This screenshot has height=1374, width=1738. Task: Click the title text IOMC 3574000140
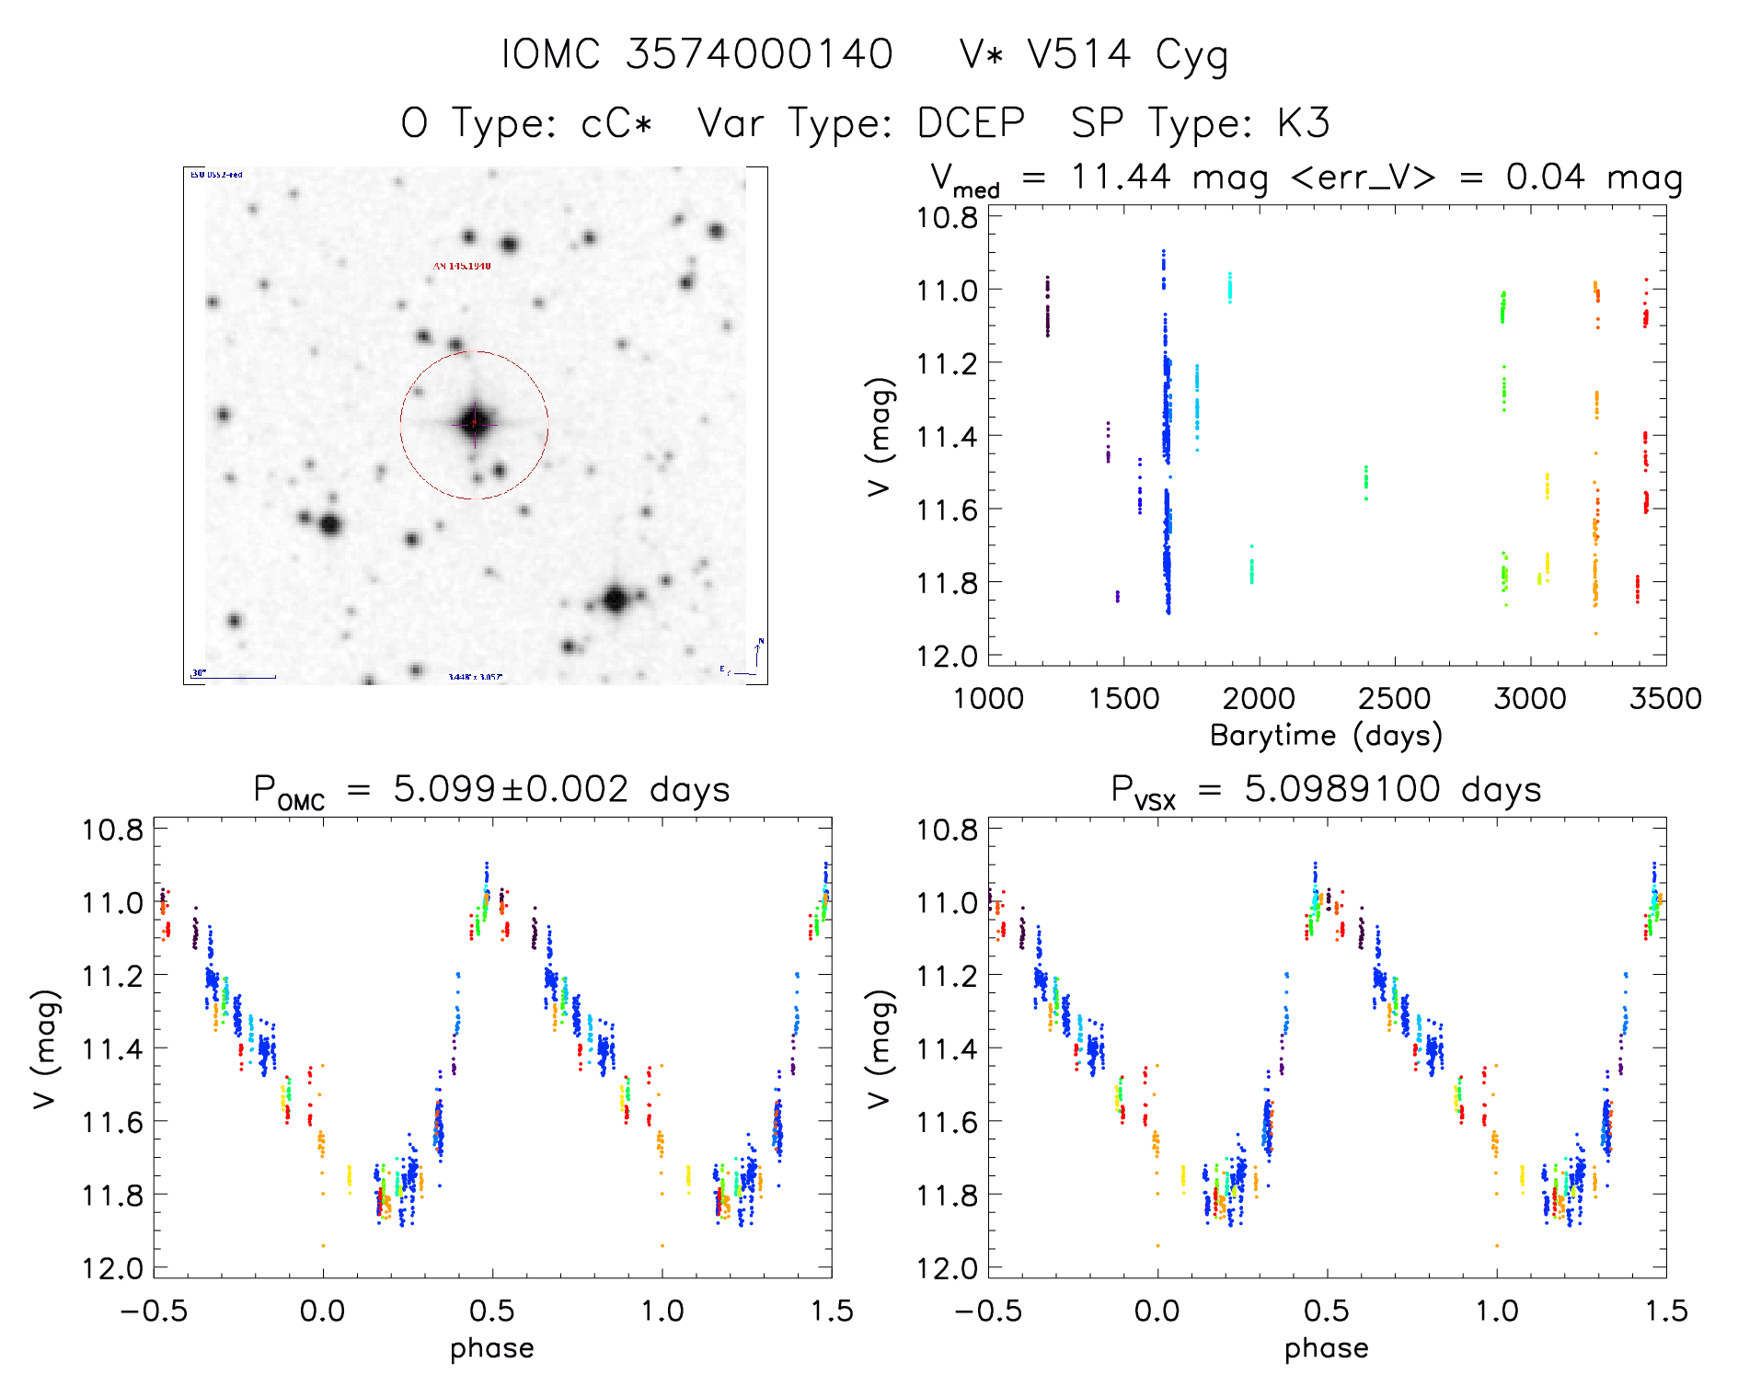(x=696, y=54)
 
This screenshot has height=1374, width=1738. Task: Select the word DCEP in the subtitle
(x=971, y=123)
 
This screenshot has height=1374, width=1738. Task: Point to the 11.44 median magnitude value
(x=1121, y=177)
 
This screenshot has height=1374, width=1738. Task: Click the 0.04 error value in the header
(x=1546, y=177)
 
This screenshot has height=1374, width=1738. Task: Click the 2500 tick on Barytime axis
(x=1394, y=699)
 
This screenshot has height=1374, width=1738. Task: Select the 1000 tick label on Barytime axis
(x=988, y=699)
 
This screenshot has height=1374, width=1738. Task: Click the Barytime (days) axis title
(x=1326, y=736)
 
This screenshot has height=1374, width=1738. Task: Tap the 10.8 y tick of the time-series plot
(x=947, y=218)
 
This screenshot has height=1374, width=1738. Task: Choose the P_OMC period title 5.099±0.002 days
(x=491, y=790)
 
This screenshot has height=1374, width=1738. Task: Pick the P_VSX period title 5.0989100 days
(x=1326, y=790)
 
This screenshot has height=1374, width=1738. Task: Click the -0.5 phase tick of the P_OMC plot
(x=154, y=1311)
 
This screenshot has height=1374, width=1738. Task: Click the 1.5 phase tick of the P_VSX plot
(x=1665, y=1311)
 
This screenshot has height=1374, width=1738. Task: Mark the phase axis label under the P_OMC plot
(x=491, y=1348)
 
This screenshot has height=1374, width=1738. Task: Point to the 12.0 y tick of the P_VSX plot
(x=947, y=1269)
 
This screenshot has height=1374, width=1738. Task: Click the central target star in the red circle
(x=475, y=423)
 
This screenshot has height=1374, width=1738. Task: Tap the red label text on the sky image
(x=462, y=266)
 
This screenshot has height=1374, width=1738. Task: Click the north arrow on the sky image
(x=758, y=652)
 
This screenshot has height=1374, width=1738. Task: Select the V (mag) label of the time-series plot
(x=880, y=437)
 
